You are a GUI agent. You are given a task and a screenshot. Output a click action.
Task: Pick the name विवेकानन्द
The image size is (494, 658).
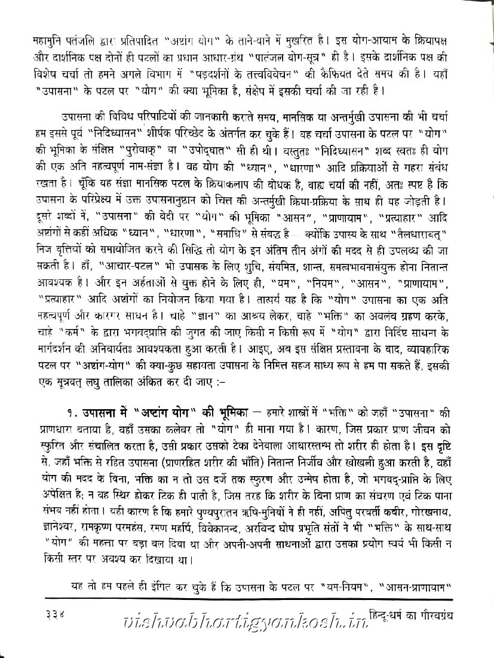point(229,531)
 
